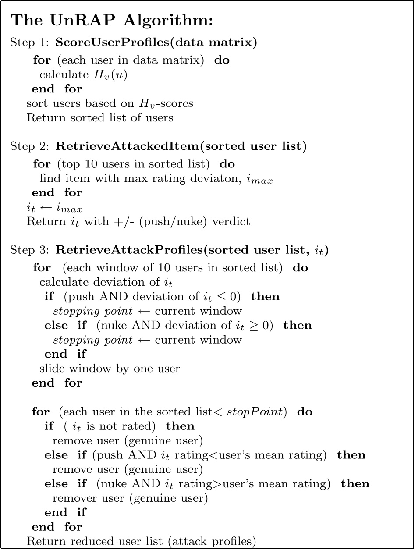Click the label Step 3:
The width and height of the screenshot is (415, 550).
31,251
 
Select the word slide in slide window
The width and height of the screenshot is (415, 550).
51,369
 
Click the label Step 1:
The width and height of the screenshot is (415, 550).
31,43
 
